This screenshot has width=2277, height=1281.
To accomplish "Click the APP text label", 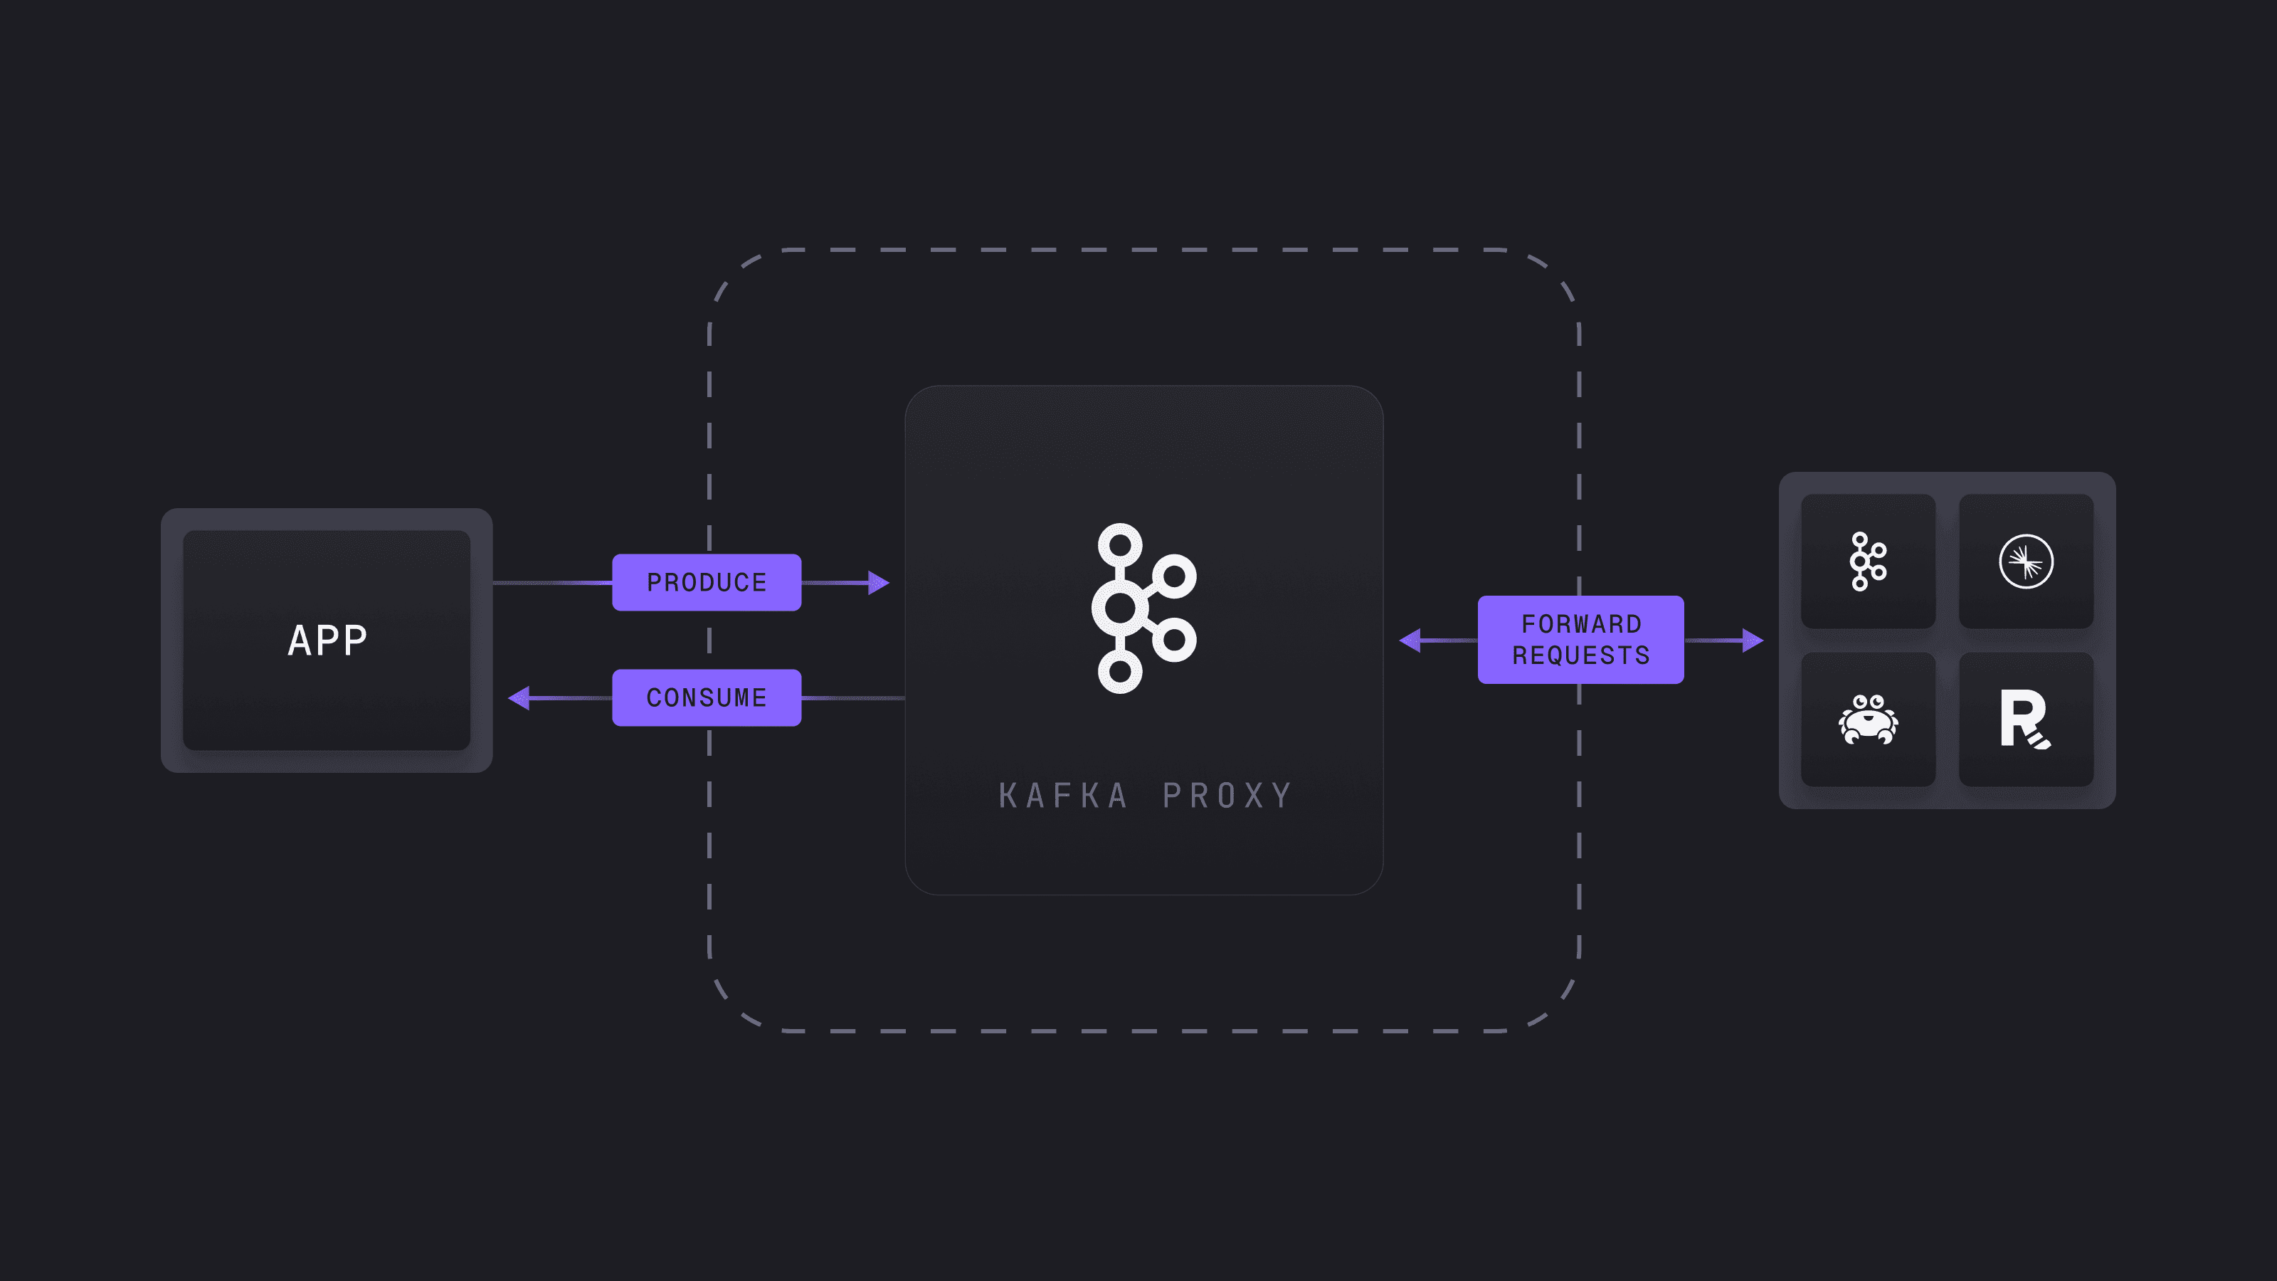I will [x=327, y=640].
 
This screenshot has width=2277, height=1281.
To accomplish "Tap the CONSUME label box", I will [x=707, y=697].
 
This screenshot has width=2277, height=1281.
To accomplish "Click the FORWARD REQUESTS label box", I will [x=1580, y=639].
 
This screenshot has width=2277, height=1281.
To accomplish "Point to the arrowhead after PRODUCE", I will [x=879, y=583].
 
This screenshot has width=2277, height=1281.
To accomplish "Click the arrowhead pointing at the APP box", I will [x=519, y=697].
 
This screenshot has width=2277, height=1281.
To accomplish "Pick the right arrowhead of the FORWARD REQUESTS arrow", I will [x=1753, y=640].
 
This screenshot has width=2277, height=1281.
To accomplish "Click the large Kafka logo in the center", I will [x=1143, y=608].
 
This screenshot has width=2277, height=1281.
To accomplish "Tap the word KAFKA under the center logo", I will [x=1063, y=796].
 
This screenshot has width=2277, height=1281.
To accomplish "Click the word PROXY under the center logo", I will [x=1227, y=796].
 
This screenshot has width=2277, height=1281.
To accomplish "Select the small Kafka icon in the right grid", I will [x=1868, y=562].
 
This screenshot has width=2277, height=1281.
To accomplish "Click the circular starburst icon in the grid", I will [x=2026, y=562].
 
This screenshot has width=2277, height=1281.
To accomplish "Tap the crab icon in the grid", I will [x=1868, y=719].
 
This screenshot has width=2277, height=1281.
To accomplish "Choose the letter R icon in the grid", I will [x=2025, y=719].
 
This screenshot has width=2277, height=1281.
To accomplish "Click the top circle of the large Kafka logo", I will [x=1120, y=544].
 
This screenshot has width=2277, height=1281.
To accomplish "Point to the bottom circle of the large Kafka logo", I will [x=1120, y=672].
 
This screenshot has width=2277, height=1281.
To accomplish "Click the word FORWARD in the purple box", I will [x=1581, y=624].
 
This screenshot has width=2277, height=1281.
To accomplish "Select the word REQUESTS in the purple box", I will [x=1581, y=655].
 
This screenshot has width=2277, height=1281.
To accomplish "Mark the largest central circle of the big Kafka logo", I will [x=1120, y=608].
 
